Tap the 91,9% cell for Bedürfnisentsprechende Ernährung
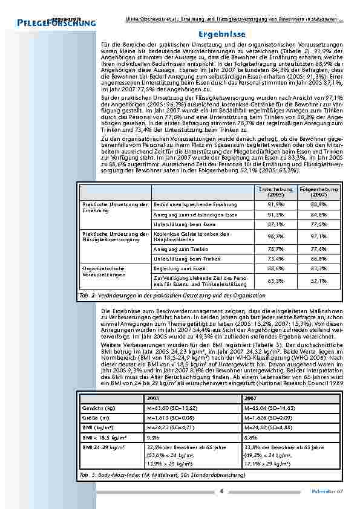(275, 205)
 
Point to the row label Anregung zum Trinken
(177, 248)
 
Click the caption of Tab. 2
(172, 296)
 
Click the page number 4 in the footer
(221, 490)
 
